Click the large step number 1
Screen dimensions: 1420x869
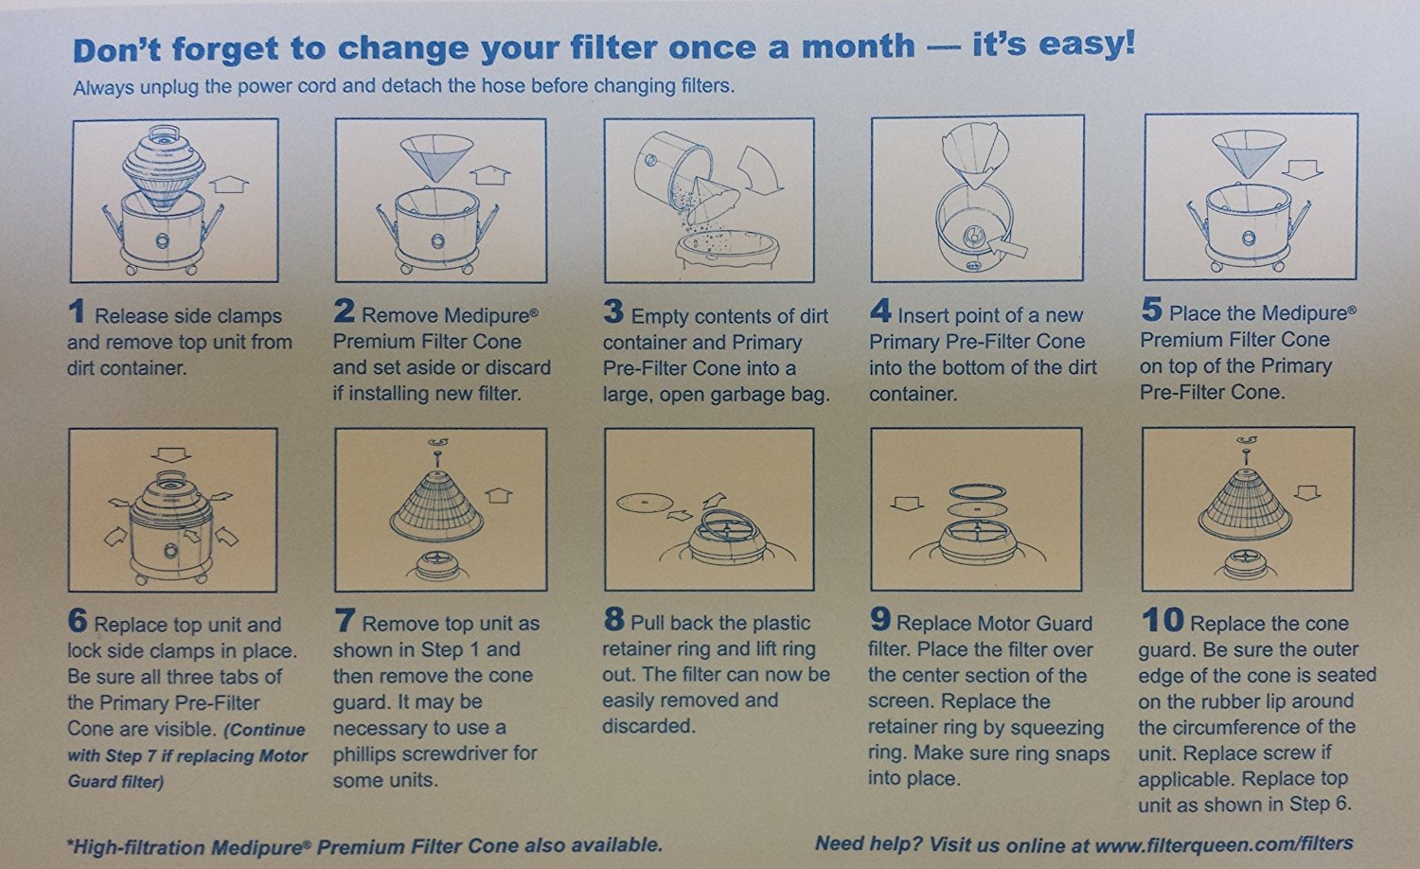[x=76, y=310]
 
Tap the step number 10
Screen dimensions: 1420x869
[x=1162, y=619]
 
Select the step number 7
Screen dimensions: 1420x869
[x=345, y=620]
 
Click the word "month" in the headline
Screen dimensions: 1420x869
[x=859, y=46]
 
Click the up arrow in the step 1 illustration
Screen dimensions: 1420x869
[x=229, y=184]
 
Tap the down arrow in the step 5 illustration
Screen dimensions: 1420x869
[x=1302, y=168]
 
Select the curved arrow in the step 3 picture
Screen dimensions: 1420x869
[x=760, y=169]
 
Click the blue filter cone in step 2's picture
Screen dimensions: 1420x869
[x=436, y=156]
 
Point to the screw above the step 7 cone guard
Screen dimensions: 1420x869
[x=436, y=457]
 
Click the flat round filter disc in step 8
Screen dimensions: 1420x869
[x=645, y=503]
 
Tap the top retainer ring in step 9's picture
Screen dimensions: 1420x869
[x=978, y=492]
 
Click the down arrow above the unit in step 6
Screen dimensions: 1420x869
[x=171, y=454]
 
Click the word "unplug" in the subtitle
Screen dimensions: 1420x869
[x=169, y=87]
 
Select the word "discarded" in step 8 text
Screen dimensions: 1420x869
[x=648, y=726]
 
